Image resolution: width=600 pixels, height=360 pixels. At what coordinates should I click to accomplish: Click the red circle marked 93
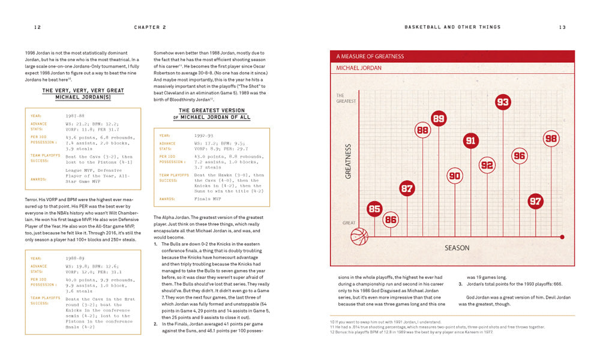click(503, 102)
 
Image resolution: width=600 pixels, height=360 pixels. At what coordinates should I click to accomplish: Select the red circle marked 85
click(374, 209)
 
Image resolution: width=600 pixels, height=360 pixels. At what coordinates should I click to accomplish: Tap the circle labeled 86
click(391, 220)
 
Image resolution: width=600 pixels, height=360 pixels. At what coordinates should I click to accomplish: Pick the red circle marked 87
click(407, 188)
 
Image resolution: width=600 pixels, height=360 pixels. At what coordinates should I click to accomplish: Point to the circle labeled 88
click(422, 130)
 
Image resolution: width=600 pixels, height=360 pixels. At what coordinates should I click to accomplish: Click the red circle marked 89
click(439, 119)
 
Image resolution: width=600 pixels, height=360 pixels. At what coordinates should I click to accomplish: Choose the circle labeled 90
click(455, 176)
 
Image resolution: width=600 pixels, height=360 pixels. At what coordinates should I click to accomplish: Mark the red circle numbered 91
click(471, 141)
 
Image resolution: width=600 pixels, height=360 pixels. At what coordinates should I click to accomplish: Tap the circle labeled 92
click(487, 165)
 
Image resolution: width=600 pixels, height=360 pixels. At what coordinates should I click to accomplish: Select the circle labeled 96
click(519, 156)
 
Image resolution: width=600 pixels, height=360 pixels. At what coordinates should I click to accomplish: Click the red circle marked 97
click(535, 202)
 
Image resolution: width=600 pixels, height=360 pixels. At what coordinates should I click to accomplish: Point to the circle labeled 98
click(551, 139)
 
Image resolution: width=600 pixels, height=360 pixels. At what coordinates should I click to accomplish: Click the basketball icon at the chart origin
click(358, 236)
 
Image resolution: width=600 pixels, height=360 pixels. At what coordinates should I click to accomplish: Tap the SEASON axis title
click(457, 247)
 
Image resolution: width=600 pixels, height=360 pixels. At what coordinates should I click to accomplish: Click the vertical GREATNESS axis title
click(348, 161)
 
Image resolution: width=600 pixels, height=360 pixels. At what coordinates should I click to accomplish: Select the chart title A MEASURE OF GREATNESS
click(370, 56)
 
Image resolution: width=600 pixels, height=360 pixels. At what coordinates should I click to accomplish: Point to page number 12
click(37, 27)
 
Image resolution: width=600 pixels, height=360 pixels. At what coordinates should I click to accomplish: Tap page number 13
click(562, 27)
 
